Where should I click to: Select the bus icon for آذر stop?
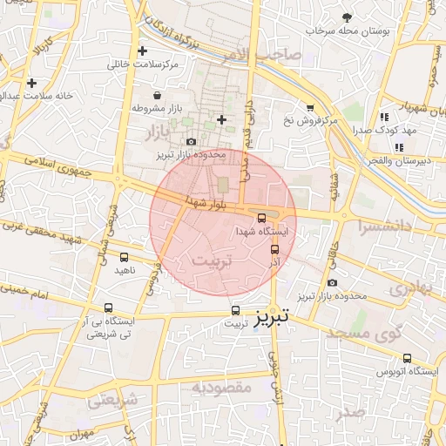click(x=275, y=250)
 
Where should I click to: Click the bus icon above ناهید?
click(x=124, y=257)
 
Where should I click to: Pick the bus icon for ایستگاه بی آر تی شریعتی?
click(x=108, y=307)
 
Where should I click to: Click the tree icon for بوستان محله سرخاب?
click(x=347, y=17)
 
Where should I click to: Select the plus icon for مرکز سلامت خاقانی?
click(x=143, y=51)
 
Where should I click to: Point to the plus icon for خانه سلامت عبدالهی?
click(x=31, y=83)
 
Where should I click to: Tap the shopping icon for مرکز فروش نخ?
click(x=310, y=106)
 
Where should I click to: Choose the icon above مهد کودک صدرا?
click(x=384, y=117)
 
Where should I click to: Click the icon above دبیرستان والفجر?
click(x=399, y=147)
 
